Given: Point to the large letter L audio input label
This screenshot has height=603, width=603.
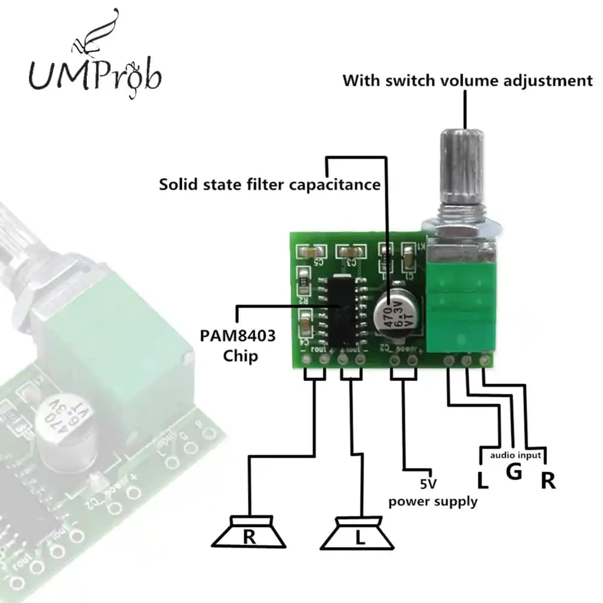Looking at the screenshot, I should pos(482,481).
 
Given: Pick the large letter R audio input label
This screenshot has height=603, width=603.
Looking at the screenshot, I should pos(548,481).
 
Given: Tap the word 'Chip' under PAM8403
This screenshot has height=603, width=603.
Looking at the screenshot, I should pos(240,356).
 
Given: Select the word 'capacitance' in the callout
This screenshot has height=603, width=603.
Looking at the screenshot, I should pos(335,184).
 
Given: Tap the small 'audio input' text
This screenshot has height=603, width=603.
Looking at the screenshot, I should pos(515,455).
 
